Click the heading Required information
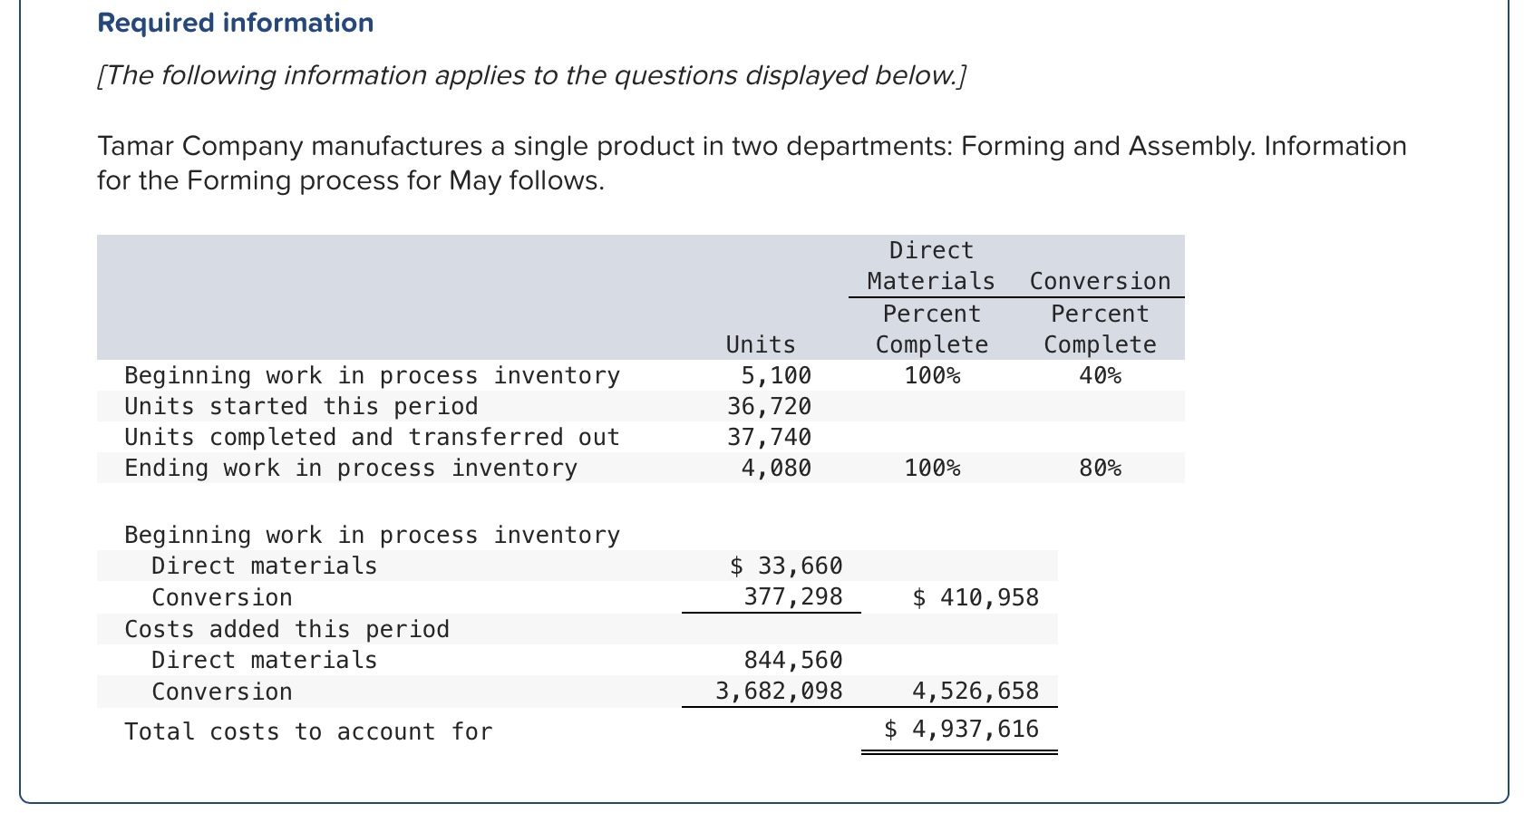coord(235,23)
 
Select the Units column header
coord(760,344)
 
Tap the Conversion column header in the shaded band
coord(1099,281)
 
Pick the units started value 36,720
coord(769,406)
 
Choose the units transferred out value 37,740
coord(769,437)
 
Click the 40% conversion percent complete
coord(1099,375)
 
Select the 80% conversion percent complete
coord(1099,468)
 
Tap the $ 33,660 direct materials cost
coord(785,566)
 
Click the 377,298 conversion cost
coord(792,596)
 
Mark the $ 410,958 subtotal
coord(975,596)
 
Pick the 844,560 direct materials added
coord(792,660)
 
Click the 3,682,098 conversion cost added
coord(778,691)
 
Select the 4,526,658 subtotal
coord(975,691)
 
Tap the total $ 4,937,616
coord(961,729)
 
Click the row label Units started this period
coord(301,406)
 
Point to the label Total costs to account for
coord(308,731)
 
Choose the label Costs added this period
coord(286,629)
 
